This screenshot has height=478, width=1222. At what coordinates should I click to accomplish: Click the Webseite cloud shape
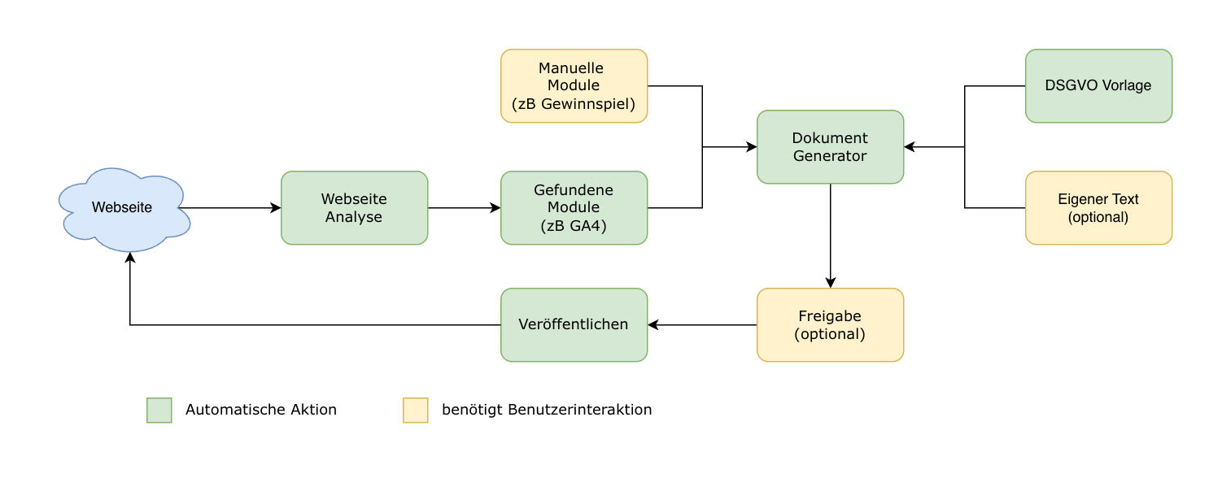tap(122, 208)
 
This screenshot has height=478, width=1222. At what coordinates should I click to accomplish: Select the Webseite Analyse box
tap(354, 208)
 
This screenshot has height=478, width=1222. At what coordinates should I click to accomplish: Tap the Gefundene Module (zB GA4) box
tap(574, 208)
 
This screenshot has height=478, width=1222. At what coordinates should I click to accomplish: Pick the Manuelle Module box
tap(574, 86)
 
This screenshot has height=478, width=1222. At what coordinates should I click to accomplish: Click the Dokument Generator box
tap(830, 147)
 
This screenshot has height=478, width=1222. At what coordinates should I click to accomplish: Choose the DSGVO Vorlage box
tap(1098, 86)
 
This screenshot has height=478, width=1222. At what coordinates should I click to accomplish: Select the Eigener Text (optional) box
tap(1098, 208)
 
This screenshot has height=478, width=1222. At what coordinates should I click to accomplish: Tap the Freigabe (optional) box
tap(830, 325)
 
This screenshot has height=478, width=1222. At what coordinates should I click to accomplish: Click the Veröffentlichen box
tap(574, 325)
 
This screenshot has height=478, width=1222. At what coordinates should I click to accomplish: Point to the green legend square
tap(159, 411)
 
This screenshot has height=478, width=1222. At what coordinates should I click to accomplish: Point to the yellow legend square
tap(416, 411)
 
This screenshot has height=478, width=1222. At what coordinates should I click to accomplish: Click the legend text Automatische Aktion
tap(260, 411)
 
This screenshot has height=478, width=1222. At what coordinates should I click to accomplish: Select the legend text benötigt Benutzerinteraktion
tap(547, 411)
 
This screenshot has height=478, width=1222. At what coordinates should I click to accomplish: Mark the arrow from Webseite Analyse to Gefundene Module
tap(464, 208)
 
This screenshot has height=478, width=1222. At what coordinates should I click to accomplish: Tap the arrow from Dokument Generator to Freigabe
tap(830, 236)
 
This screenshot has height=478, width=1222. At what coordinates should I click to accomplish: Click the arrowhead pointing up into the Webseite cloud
tap(130, 257)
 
